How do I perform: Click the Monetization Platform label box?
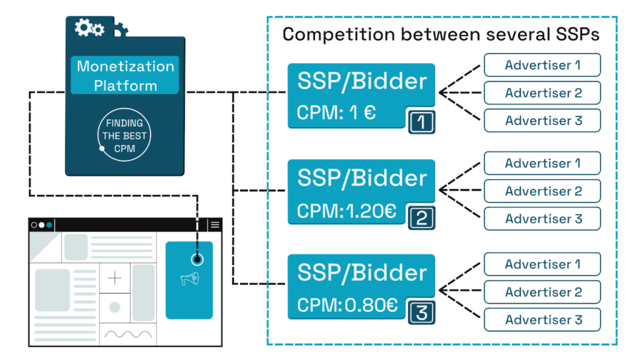125,75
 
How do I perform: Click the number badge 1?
421,122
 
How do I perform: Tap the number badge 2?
421,217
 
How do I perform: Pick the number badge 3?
421,312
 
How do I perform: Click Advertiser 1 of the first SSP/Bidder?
542,65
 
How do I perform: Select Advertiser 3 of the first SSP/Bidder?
542,121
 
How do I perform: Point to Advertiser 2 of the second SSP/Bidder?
542,191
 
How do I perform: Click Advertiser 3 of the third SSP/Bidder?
542,319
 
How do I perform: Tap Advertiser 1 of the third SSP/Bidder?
542,264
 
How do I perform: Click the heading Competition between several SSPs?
441,34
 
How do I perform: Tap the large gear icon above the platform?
83,27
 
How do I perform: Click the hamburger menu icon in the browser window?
215,225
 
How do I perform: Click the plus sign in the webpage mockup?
115,278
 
